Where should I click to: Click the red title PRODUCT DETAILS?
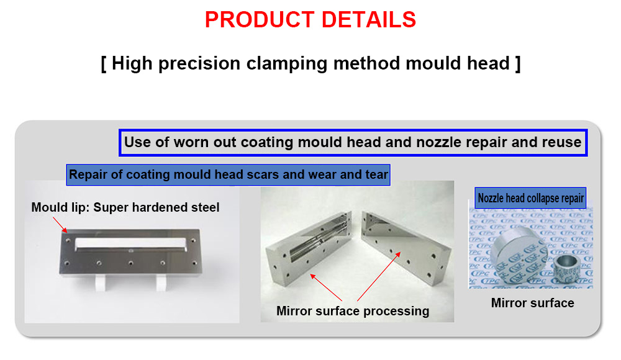click(x=310, y=19)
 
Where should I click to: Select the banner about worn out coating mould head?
click(x=353, y=143)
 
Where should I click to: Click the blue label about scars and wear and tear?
click(x=228, y=174)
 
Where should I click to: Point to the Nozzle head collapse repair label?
click(x=530, y=198)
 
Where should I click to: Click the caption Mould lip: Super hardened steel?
click(x=125, y=207)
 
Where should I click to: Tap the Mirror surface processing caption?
click(x=353, y=311)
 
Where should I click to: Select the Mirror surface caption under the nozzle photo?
click(x=532, y=303)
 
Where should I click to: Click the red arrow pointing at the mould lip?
click(x=60, y=225)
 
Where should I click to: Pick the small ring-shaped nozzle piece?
click(x=566, y=268)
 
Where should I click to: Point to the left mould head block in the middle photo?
click(x=308, y=248)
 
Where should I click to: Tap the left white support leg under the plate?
click(x=101, y=283)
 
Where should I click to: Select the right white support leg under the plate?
click(x=161, y=283)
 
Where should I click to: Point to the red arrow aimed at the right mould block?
click(x=379, y=276)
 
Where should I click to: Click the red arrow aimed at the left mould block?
click(x=326, y=287)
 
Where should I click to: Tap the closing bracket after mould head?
click(x=518, y=63)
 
